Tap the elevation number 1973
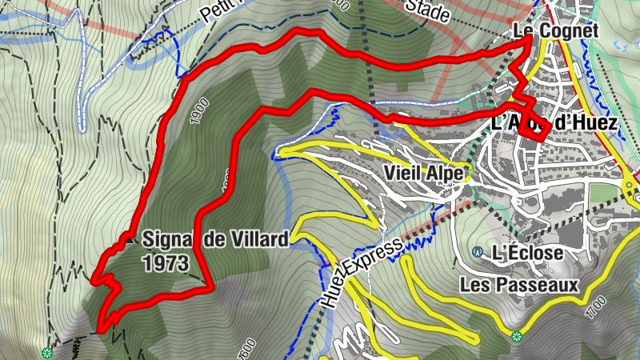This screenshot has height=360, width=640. click(166, 262)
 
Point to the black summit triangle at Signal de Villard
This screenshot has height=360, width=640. click(130, 238)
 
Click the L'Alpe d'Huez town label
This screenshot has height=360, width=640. click(554, 124)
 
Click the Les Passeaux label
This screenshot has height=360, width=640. click(518, 284)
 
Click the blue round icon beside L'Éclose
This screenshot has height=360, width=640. click(478, 252)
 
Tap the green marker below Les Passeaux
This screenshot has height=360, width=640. click(516, 336)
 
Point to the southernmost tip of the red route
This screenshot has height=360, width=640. click(102, 329)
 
